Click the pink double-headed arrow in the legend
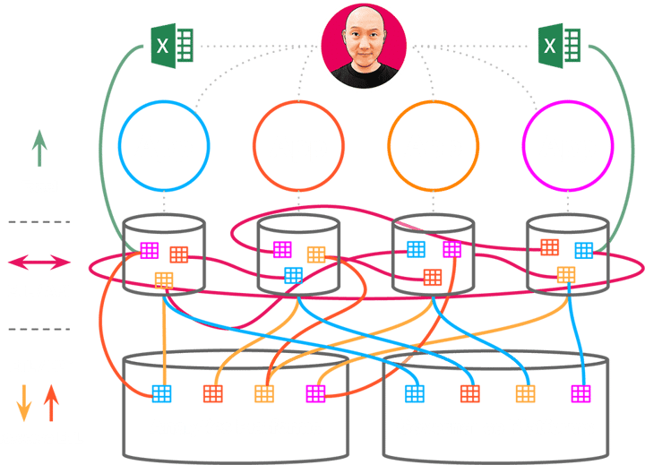39,263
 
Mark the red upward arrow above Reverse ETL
53,402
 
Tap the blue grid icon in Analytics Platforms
161,392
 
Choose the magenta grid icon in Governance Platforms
581,392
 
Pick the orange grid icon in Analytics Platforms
263,392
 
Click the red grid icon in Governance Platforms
469,392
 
